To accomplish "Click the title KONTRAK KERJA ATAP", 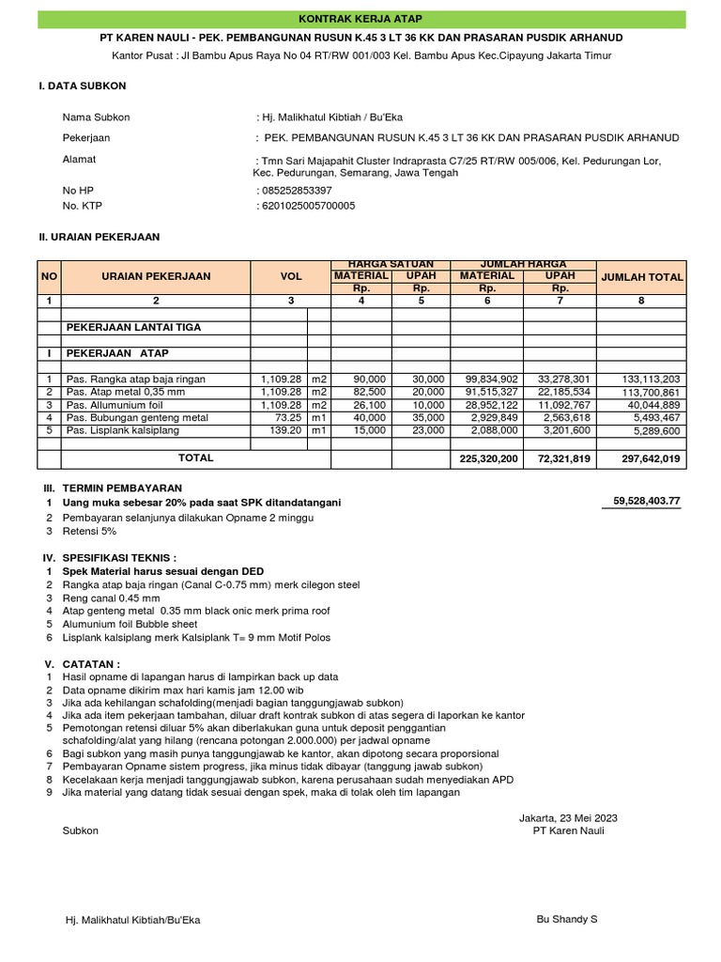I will click(360, 19).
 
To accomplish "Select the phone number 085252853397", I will click(295, 190).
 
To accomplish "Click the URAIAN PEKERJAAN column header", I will click(157, 276).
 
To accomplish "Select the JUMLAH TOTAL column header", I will click(642, 277).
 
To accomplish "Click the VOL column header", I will click(291, 276).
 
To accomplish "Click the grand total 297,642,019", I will click(649, 458).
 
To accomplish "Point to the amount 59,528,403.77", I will click(647, 503).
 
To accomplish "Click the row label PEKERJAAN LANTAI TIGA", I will click(132, 327).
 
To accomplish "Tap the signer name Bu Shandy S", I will click(566, 920).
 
